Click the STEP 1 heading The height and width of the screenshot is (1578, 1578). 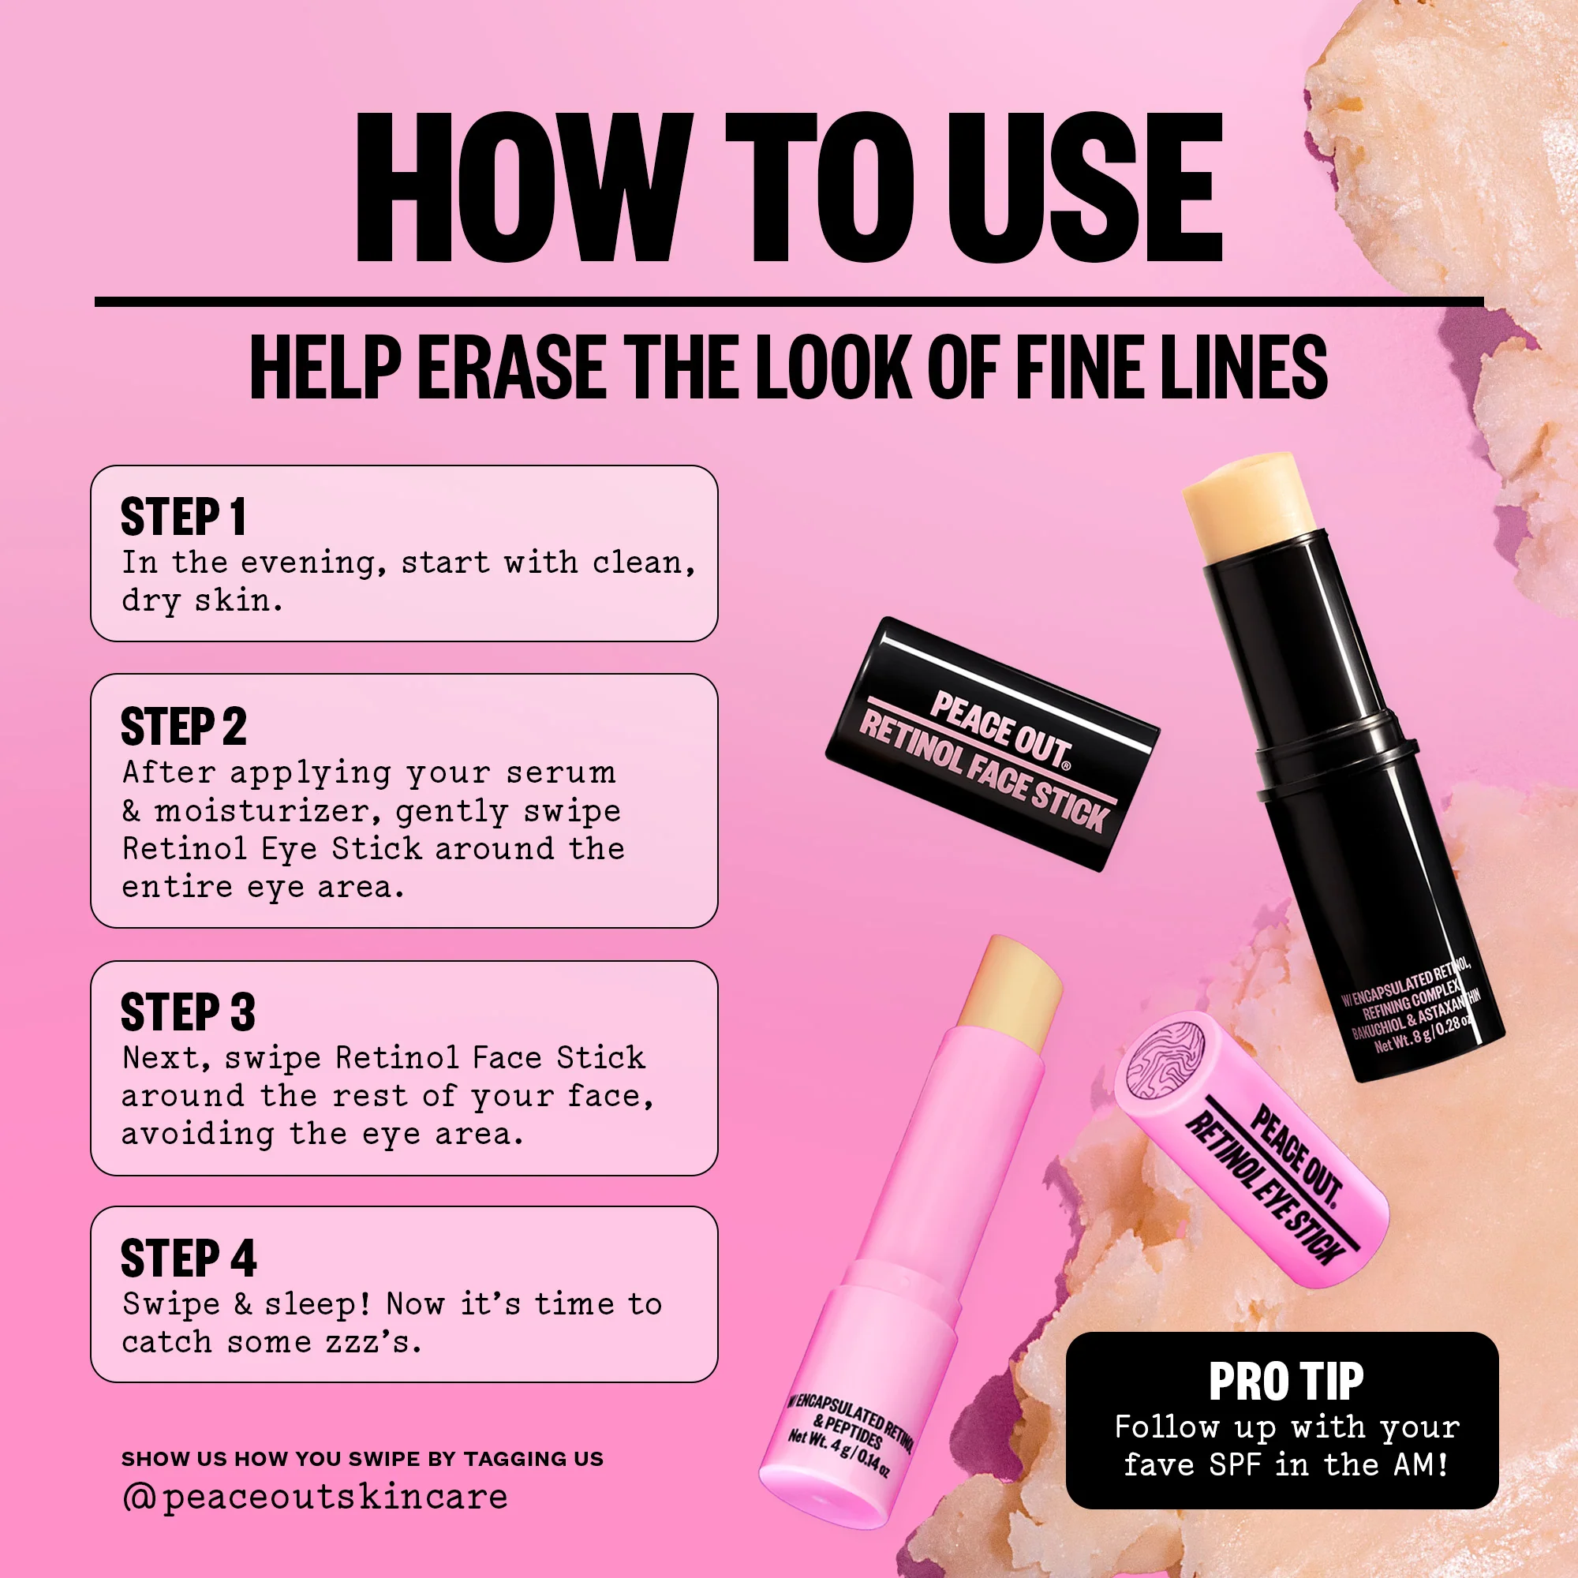183,517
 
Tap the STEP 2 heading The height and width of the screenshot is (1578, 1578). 183,726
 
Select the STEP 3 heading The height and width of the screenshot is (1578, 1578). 188,1012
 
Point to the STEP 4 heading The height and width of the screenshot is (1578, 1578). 188,1258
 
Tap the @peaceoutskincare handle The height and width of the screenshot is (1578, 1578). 315,1496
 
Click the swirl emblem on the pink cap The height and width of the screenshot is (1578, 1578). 1165,1059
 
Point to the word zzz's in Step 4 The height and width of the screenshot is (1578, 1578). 373,1342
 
